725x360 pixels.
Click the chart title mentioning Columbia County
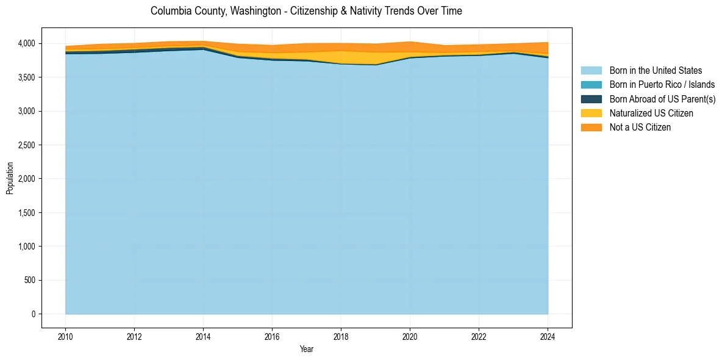pyautogui.click(x=306, y=11)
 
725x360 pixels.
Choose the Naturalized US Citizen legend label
pyautogui.click(x=651, y=113)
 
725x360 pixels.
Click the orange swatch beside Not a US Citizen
pyautogui.click(x=591, y=128)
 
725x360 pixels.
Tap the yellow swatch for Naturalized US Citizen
pyautogui.click(x=591, y=113)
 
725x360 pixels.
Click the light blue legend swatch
pyautogui.click(x=591, y=71)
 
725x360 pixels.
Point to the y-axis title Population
pyautogui.click(x=10, y=178)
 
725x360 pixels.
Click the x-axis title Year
pyautogui.click(x=307, y=350)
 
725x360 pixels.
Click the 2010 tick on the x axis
pyautogui.click(x=65, y=336)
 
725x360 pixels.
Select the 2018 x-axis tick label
pyautogui.click(x=341, y=336)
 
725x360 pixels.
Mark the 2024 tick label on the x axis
pyautogui.click(x=548, y=336)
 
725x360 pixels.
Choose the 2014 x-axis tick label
pyautogui.click(x=203, y=336)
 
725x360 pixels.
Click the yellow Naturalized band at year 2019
pyautogui.click(x=376, y=59)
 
